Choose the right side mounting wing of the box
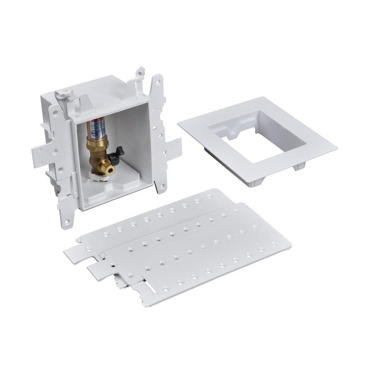coord(172,147)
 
